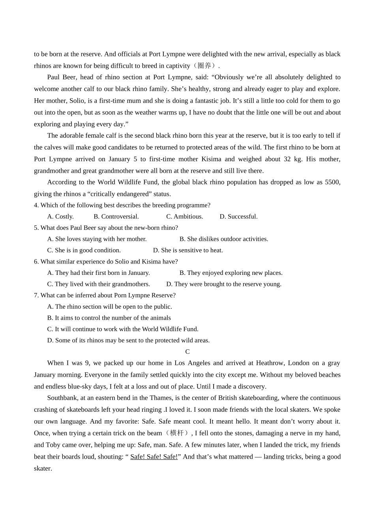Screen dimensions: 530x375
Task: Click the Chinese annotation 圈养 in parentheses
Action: pos(204,66)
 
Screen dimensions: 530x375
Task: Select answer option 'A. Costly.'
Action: pos(60,216)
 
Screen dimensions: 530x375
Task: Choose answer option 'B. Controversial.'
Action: pos(116,216)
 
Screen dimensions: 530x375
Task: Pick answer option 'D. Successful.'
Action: pos(238,216)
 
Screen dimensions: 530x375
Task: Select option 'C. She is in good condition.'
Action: pos(84,250)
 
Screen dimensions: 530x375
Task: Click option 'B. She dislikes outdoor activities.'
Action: pos(223,239)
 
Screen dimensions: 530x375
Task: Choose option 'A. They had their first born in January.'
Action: pos(98,273)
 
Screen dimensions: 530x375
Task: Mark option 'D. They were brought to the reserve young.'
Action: pos(224,284)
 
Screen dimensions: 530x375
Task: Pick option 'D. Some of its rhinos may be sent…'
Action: pos(128,340)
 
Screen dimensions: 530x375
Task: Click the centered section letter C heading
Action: pos(187,352)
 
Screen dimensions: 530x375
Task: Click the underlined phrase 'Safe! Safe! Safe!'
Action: pos(154,457)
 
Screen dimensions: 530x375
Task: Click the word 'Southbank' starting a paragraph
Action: pos(62,398)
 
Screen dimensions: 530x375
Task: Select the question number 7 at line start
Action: pos(36,295)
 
